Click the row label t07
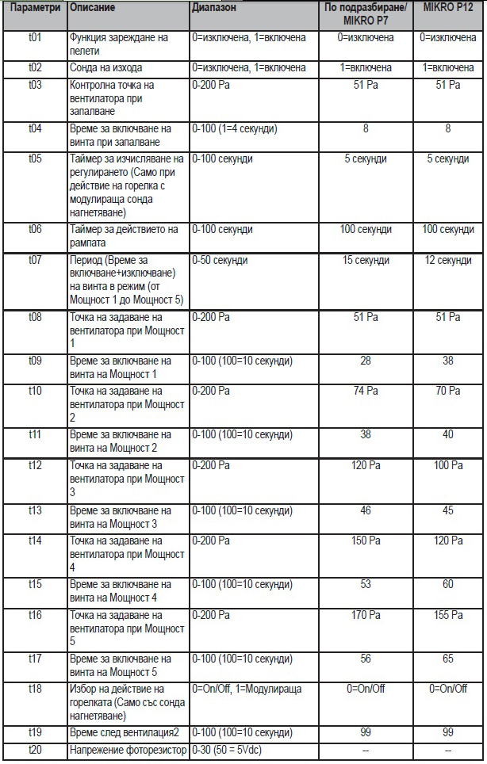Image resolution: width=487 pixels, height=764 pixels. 35,260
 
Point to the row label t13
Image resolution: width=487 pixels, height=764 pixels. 35,511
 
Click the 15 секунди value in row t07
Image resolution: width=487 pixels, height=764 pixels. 366,260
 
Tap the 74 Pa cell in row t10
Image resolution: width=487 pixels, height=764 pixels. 366,391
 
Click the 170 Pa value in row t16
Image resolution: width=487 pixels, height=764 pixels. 366,615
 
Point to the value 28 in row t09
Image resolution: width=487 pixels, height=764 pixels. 366,361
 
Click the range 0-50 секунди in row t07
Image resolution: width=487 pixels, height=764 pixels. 220,260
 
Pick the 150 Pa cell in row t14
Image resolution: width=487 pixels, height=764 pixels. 366,541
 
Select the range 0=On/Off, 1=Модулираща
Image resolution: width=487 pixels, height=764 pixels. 247,689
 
